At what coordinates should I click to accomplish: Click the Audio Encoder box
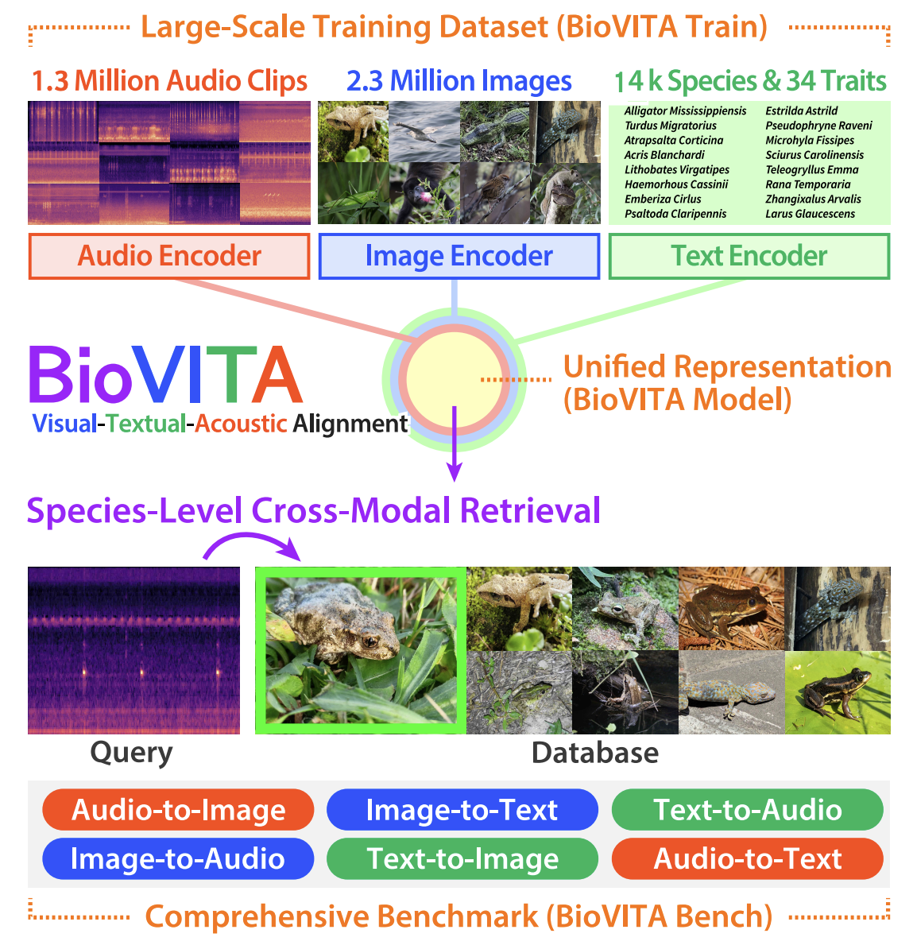coord(169,256)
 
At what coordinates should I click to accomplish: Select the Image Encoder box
coord(458,256)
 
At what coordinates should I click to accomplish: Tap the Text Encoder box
coord(749,256)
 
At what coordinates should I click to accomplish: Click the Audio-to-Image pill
coord(178,810)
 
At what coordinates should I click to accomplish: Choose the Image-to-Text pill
coord(462,810)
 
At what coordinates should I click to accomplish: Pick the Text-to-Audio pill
coord(748,810)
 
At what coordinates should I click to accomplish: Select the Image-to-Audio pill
coord(178,859)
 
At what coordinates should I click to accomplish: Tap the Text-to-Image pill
coord(462,859)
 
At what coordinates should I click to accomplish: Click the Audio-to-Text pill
coord(748,859)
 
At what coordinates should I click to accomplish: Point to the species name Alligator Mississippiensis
coord(685,111)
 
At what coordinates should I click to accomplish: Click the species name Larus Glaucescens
coord(810,214)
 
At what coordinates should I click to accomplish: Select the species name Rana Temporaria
coord(807,184)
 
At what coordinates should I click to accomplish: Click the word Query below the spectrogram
coord(131,753)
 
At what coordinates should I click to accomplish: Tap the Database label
coord(595,753)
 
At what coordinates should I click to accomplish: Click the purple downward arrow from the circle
coord(454,444)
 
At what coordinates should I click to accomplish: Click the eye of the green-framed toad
coord(370,641)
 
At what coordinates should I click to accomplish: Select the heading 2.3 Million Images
coord(458,81)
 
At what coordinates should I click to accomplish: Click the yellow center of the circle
coord(454,379)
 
